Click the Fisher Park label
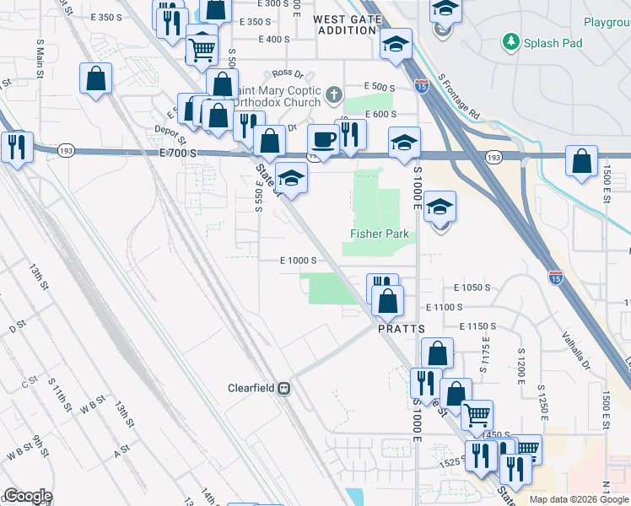point(380,234)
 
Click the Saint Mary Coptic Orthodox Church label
point(278,96)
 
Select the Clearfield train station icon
point(284,389)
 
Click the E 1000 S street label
point(298,261)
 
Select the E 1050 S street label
point(472,288)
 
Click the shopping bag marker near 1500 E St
point(582,161)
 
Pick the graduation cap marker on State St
point(291,178)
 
